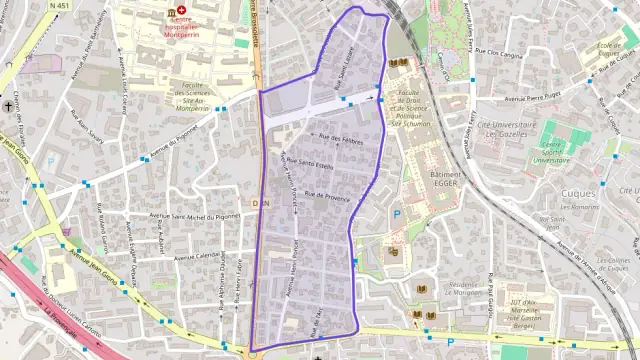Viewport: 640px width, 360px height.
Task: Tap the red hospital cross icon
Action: (182, 8)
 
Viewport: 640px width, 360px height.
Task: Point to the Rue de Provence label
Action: (327, 197)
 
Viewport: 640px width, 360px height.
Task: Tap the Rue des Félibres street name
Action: (339, 142)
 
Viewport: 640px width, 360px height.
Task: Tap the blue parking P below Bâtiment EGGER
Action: (396, 213)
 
